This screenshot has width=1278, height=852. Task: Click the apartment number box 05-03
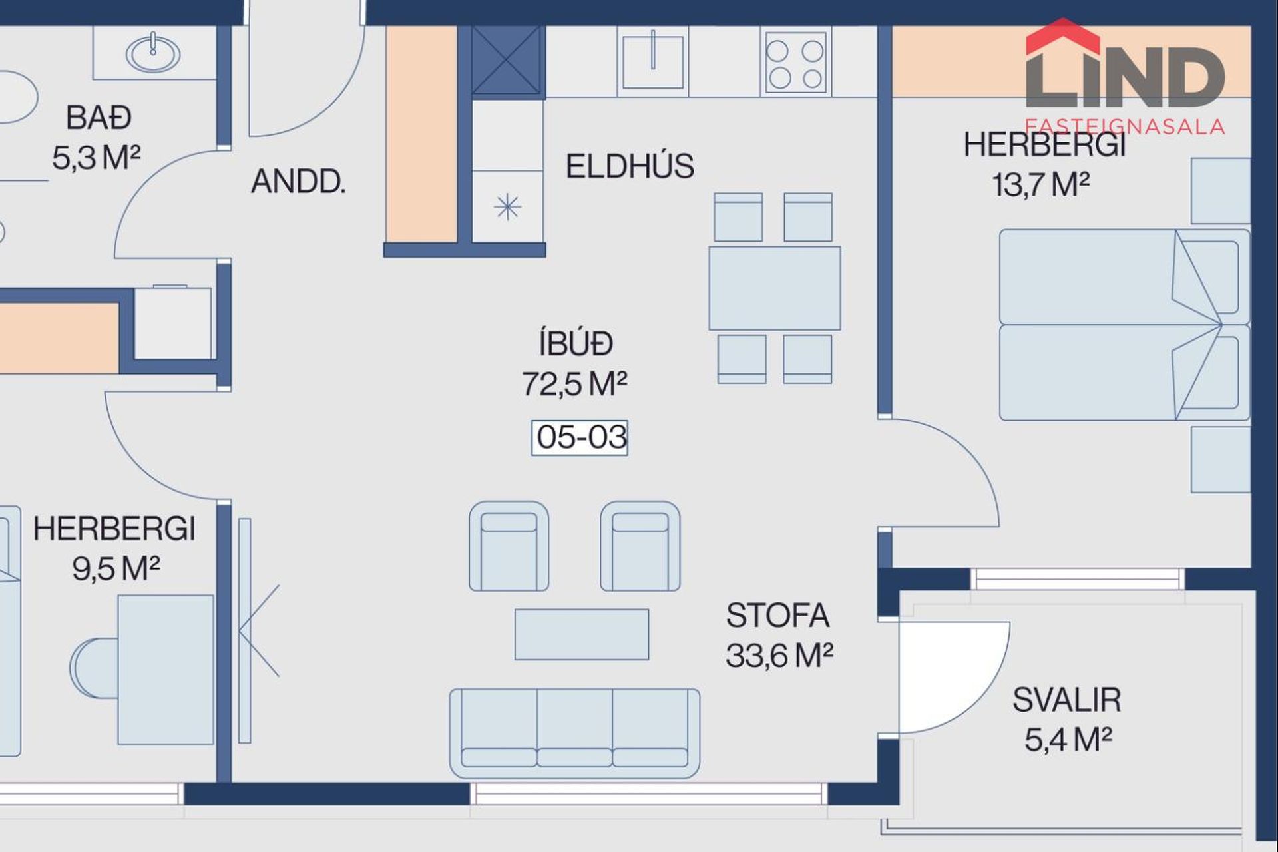pos(579,438)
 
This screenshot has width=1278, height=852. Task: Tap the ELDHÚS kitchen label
pos(630,166)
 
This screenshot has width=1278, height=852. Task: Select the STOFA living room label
pos(777,616)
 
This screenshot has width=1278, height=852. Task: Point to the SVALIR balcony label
pos(1067,700)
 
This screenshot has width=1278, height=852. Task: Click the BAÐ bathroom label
pos(99,118)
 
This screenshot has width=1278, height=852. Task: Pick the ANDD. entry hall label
pos(298,181)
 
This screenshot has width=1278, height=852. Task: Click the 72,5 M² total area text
pos(574,383)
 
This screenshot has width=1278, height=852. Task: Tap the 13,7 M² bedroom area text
pos(1040,184)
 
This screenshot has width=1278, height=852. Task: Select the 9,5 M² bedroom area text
pos(116,568)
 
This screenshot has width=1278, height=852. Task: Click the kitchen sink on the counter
pos(653,61)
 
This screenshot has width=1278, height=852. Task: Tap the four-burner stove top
pos(795,61)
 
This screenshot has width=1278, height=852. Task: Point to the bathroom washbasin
pos(153,53)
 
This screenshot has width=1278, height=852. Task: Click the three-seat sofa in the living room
pos(574,733)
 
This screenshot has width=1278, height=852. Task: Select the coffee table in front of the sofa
pos(582,634)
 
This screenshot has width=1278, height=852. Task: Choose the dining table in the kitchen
pos(775,288)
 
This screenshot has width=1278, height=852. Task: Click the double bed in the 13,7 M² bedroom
pos(1124,325)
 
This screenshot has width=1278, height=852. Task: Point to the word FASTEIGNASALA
pos(1125,126)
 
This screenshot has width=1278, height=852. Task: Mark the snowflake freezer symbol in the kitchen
pos(507,207)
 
